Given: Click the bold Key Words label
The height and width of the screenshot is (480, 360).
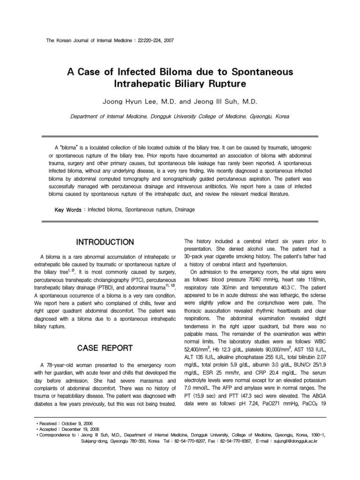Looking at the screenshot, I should pyautogui.click(x=68, y=210).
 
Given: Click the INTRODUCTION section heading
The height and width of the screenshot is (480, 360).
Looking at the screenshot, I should pyautogui.click(x=105, y=242).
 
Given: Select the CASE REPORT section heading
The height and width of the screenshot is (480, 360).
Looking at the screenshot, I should pyautogui.click(x=105, y=348).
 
